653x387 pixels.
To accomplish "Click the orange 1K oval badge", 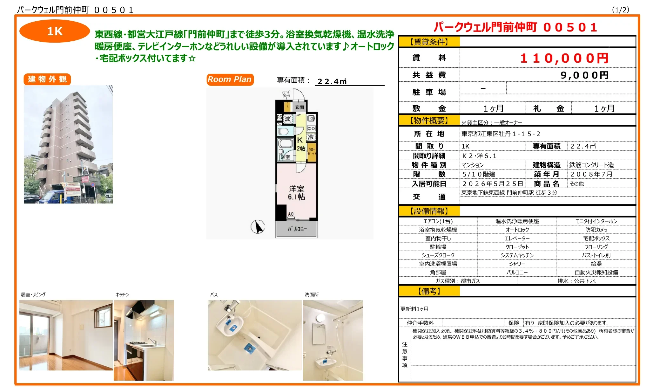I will (55, 31).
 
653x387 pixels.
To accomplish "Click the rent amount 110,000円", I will (564, 58).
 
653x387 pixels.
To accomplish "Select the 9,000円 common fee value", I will (584, 75).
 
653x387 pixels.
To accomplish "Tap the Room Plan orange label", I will (230, 79).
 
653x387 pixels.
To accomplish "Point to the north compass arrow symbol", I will (258, 227).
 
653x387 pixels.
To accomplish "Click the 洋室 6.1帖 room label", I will (296, 193).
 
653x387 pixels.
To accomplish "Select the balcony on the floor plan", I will (297, 229).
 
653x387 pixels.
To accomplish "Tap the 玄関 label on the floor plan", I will (300, 107).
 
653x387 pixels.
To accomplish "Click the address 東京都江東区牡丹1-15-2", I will (501, 134).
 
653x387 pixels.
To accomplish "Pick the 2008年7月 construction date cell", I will (591, 174).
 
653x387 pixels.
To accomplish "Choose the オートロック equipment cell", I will (517, 230).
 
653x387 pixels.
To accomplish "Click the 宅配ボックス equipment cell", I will (596, 238).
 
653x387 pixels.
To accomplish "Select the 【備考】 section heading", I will (429, 291).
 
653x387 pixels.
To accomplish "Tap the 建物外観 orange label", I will (47, 79).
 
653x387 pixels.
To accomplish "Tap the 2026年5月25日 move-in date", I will (493, 184).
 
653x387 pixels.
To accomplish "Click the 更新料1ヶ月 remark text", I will (414, 309).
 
